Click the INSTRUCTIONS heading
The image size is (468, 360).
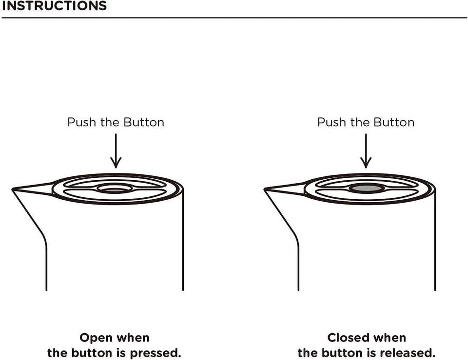point(54,6)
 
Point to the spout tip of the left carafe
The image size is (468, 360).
point(14,189)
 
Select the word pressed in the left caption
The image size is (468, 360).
point(157,353)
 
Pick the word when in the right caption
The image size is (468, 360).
point(390,338)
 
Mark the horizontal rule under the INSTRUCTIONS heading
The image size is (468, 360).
point(234,18)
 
